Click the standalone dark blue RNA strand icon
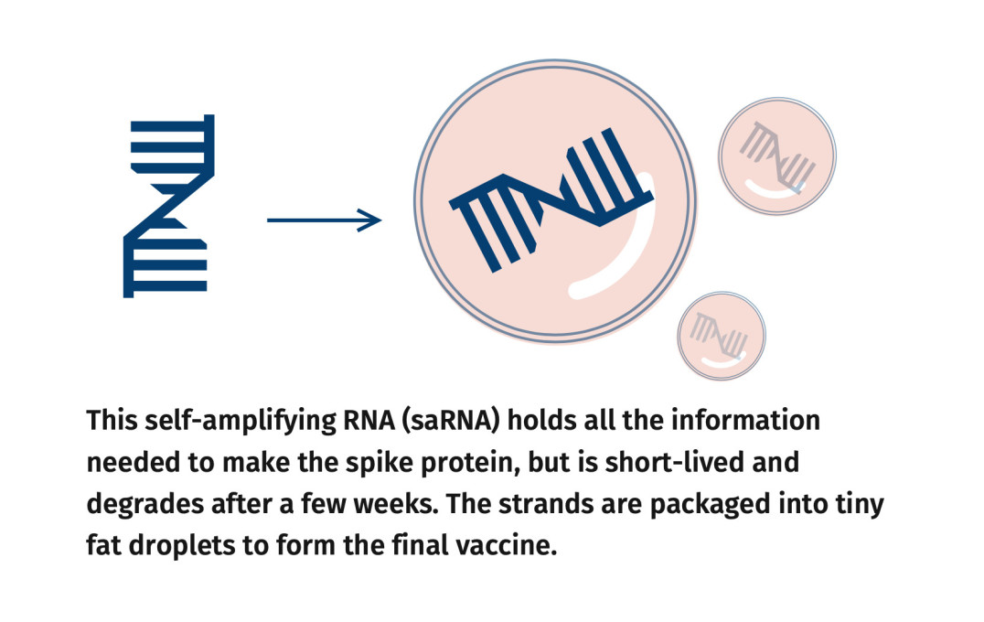pyautogui.click(x=169, y=205)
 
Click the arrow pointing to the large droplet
pyautogui.click(x=324, y=220)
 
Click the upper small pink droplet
pyautogui.click(x=776, y=155)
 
